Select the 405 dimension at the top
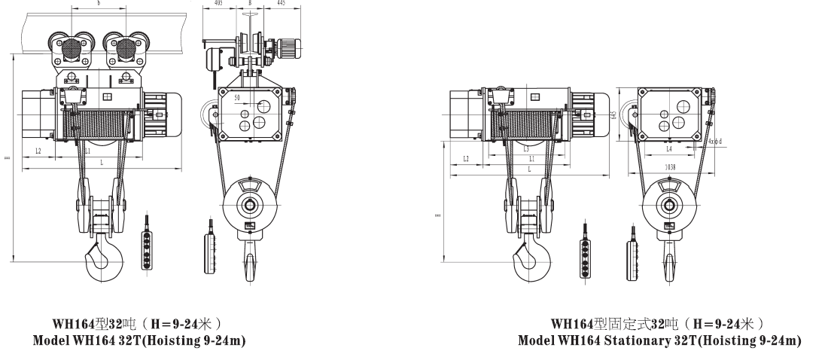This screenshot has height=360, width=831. point(218,3)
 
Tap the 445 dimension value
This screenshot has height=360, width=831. point(280,3)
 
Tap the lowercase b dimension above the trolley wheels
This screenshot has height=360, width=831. point(99,4)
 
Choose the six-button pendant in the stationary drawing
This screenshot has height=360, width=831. point(583,246)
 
